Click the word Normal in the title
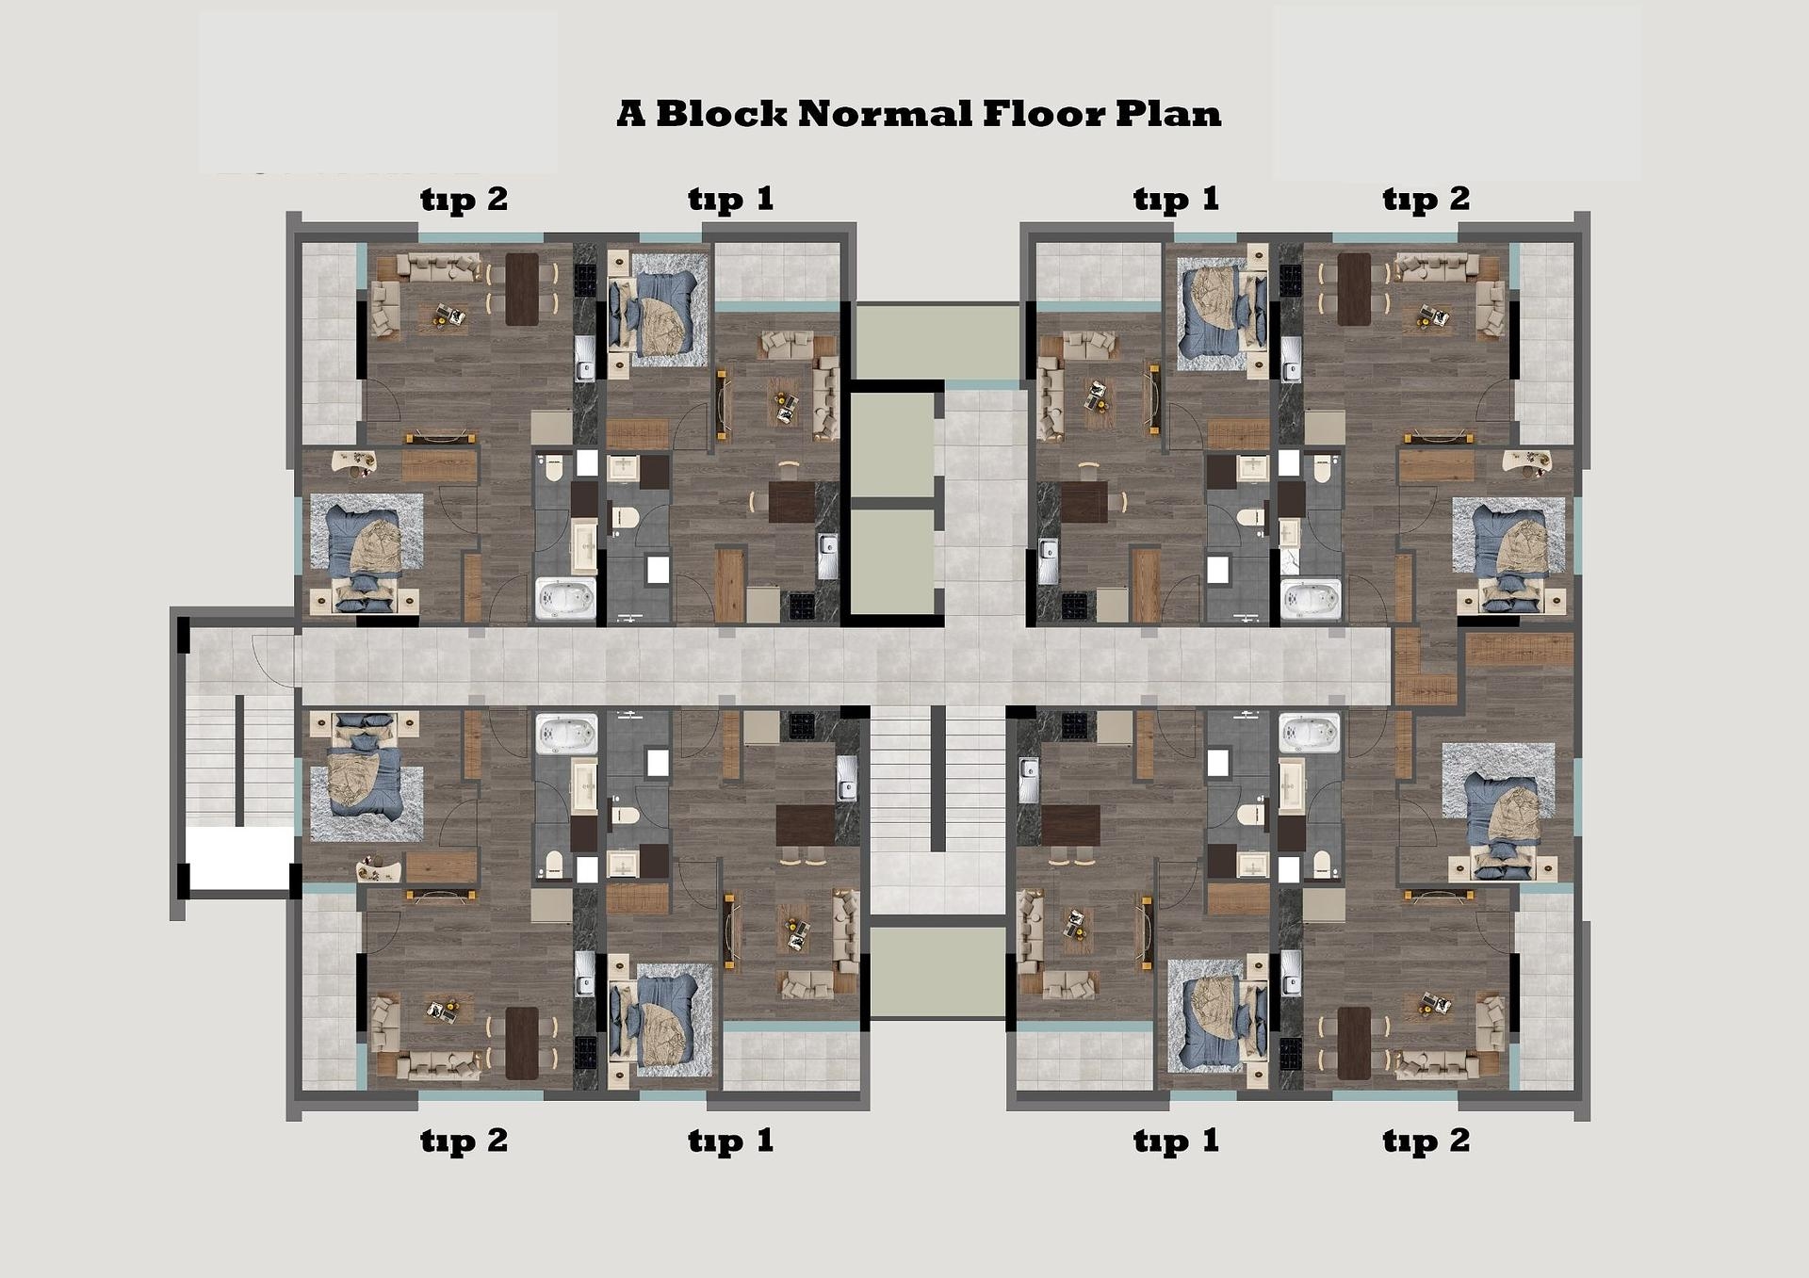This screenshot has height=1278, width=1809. click(885, 114)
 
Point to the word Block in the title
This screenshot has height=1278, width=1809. click(721, 114)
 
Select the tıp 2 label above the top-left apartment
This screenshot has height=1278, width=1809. click(464, 200)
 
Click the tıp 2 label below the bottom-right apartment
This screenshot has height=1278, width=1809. click(1426, 1141)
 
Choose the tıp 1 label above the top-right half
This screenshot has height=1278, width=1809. click(1176, 200)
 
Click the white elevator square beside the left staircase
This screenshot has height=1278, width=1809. click(239, 858)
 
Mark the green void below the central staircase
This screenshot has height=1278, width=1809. click(937, 971)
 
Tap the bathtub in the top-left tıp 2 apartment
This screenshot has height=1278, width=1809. click(565, 599)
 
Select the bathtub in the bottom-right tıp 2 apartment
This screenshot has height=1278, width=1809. click(1310, 734)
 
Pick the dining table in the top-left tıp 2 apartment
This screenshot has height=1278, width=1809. click(522, 289)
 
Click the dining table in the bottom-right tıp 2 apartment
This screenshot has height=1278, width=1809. click(1354, 1043)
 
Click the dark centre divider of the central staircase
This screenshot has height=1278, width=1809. click(937, 778)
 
